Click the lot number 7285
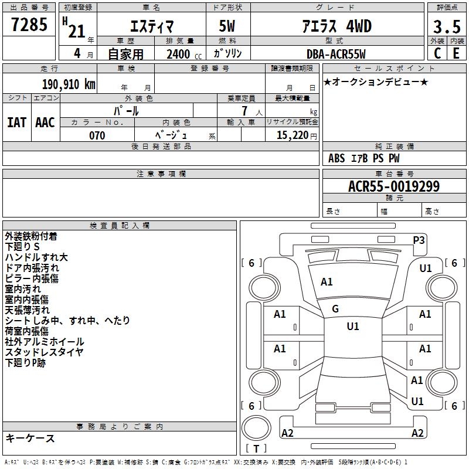pyautogui.click(x=29, y=25)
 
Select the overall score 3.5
pyautogui.click(x=447, y=27)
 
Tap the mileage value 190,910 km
pyautogui.click(x=69, y=84)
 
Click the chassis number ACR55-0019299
pyautogui.click(x=394, y=186)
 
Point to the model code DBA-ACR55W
pyautogui.click(x=336, y=54)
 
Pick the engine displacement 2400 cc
pyautogui.click(x=184, y=54)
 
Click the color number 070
pyautogui.click(x=97, y=135)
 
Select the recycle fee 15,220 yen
pyautogui.click(x=297, y=135)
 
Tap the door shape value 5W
pyautogui.click(x=227, y=26)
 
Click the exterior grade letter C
pyautogui.click(x=437, y=53)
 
